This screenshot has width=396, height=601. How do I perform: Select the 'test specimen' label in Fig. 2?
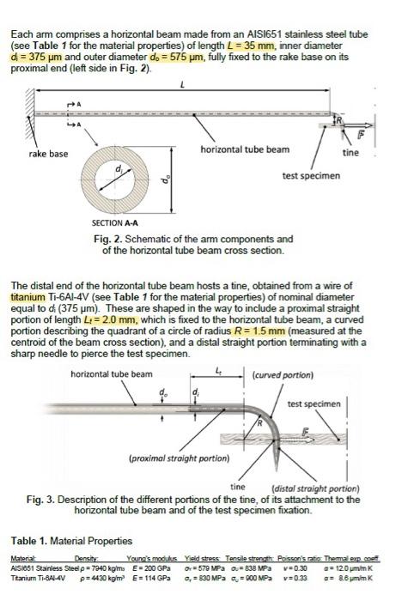click(x=311, y=175)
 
